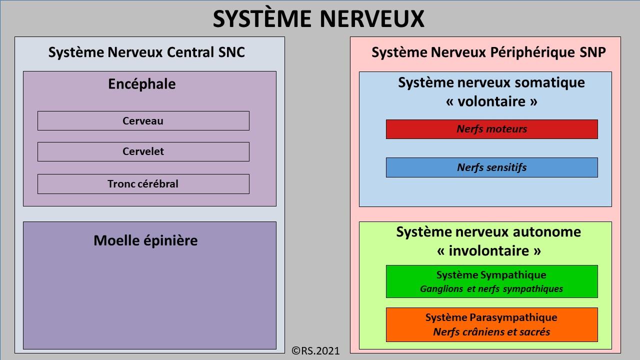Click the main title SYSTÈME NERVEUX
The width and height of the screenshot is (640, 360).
(x=318, y=18)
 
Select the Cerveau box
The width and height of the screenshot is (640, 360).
(x=143, y=121)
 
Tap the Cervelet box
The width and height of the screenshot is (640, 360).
(x=143, y=151)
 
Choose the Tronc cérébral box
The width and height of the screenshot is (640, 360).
(x=143, y=184)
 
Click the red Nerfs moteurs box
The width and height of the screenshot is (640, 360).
(x=491, y=129)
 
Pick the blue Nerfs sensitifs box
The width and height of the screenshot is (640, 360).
(x=491, y=167)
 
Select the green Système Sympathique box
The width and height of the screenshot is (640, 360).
(x=491, y=281)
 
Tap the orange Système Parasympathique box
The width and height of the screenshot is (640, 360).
(x=491, y=324)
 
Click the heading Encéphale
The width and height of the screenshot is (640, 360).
(x=142, y=84)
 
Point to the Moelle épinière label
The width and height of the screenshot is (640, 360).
(x=145, y=240)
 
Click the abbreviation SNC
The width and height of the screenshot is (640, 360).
(x=231, y=52)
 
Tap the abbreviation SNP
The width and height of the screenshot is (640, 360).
(x=593, y=52)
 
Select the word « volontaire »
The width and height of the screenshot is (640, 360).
(x=491, y=101)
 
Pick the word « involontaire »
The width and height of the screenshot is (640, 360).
(x=489, y=251)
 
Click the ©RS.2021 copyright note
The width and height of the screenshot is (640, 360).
(x=315, y=351)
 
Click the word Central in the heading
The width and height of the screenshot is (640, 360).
(x=190, y=52)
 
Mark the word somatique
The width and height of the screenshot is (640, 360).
(x=549, y=83)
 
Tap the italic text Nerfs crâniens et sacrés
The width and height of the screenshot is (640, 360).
(x=491, y=332)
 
